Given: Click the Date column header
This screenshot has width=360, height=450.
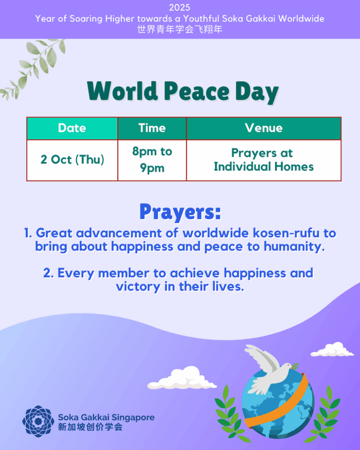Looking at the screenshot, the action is (72, 128).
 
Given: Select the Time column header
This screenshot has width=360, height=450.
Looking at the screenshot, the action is (152, 128).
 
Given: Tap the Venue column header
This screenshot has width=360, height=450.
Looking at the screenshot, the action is (264, 128).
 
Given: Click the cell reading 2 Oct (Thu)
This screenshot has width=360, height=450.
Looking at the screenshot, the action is (72, 160).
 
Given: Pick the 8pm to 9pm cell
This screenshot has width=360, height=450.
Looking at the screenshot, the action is (152, 160).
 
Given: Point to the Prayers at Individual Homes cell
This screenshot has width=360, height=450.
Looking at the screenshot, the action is (264, 160).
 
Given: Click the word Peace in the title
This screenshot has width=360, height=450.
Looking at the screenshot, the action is (196, 91).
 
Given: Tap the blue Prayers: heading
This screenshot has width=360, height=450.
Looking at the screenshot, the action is (180, 212).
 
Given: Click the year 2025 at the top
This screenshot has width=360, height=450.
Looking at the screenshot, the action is (180, 7).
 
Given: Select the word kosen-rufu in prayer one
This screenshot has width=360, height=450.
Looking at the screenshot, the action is (286, 233).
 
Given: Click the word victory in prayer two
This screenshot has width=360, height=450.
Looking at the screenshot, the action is (138, 287).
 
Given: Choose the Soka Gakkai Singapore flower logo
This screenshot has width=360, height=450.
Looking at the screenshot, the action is (38, 421).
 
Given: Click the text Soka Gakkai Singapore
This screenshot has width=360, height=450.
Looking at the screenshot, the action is (106, 417).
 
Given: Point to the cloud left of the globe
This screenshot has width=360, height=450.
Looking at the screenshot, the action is (182, 378).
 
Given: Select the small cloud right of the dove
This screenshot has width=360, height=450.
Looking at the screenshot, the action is (332, 349).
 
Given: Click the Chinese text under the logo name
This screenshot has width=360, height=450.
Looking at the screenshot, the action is (90, 427).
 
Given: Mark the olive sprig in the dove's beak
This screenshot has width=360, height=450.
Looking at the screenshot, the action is (295, 366).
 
